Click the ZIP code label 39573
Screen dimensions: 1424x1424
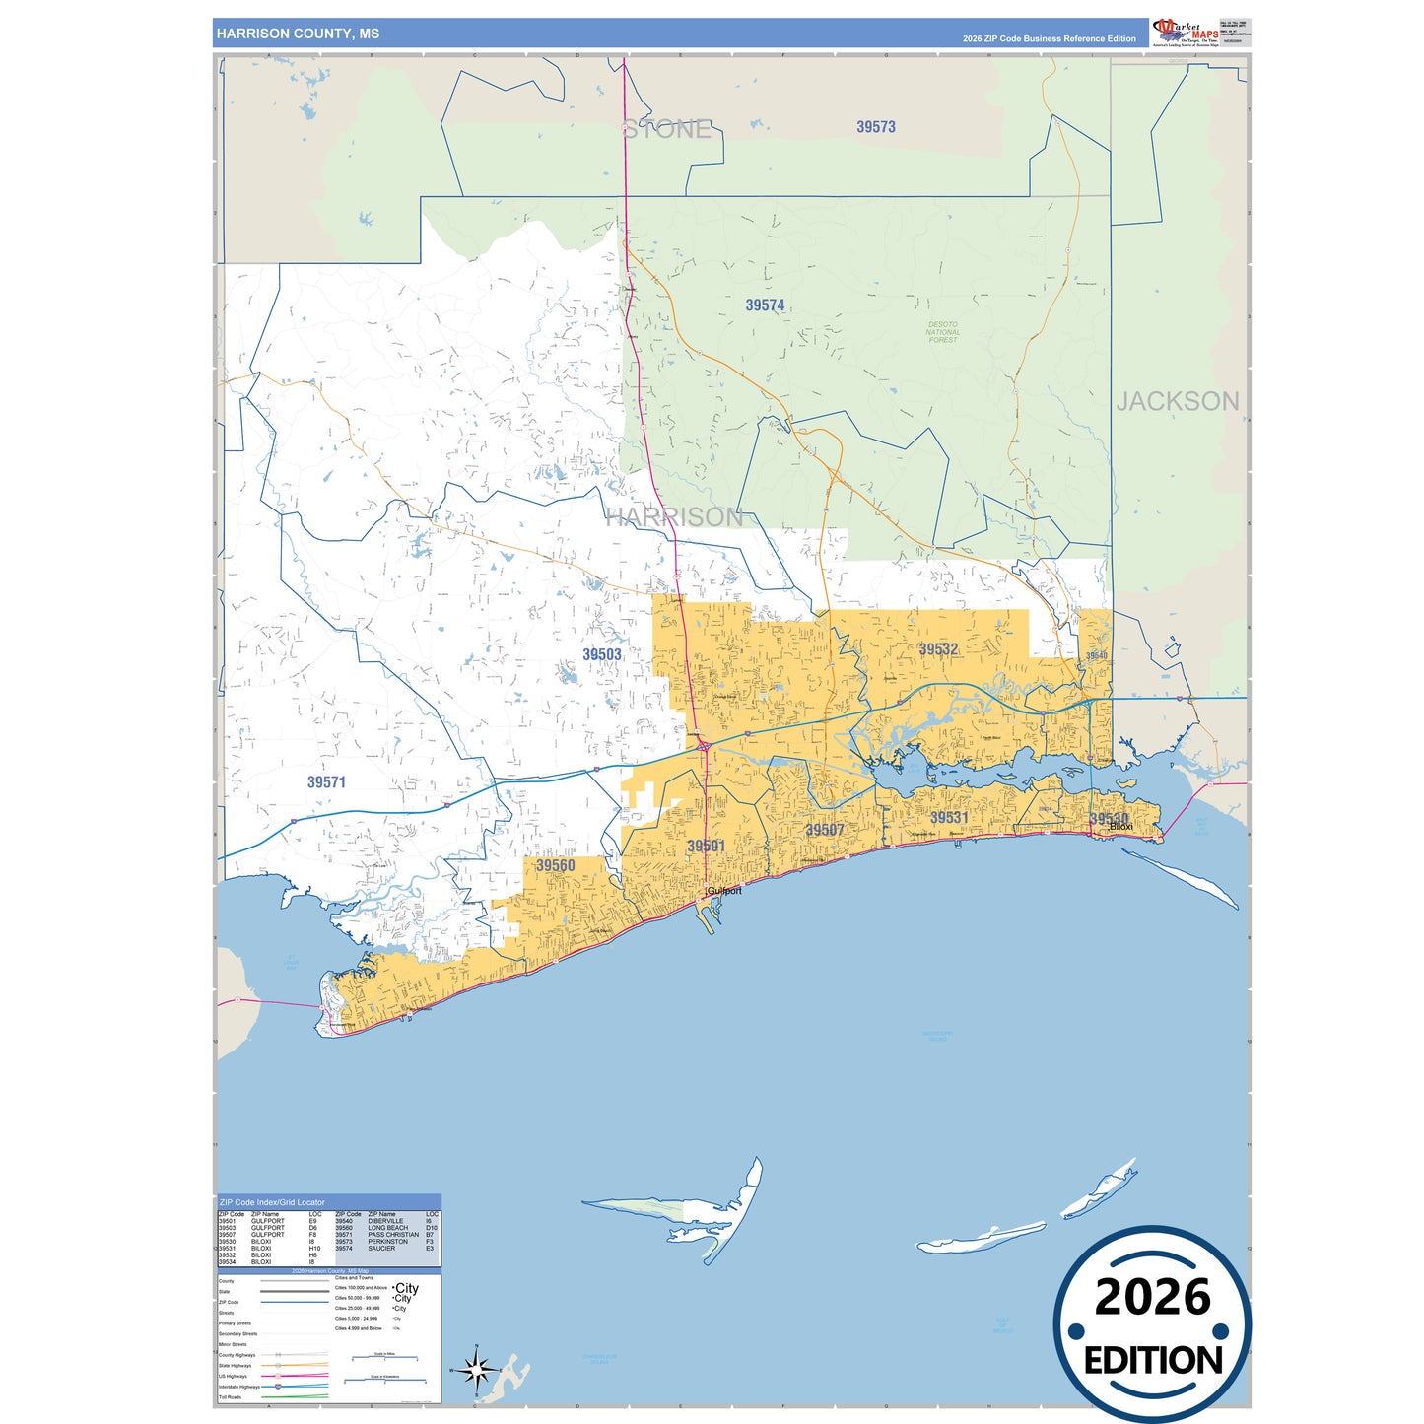(875, 127)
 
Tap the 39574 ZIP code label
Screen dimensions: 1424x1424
(765, 305)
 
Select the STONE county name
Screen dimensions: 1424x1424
(667, 129)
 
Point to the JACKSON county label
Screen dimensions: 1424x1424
(1177, 401)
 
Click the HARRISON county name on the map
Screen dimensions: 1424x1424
(674, 516)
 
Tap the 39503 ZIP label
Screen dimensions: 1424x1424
(601, 654)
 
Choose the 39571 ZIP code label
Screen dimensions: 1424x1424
(326, 782)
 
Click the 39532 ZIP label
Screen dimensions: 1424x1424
(937, 649)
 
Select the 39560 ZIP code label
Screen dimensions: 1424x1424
(555, 866)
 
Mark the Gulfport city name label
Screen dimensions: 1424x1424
(724, 890)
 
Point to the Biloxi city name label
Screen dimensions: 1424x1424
(1120, 827)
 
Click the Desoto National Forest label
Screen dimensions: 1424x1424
(942, 332)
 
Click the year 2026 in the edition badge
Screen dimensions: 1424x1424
(1152, 1297)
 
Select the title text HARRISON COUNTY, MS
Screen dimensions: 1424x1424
(298, 34)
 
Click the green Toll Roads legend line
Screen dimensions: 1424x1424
(296, 1396)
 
